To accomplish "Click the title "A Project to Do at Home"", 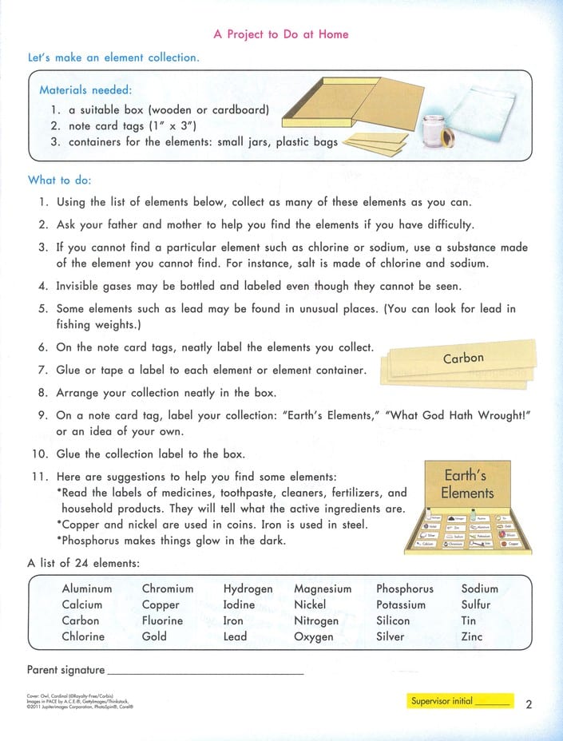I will (281, 34).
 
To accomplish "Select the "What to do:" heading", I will (60, 180).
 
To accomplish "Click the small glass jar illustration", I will (425, 128).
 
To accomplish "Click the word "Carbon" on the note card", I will (463, 359).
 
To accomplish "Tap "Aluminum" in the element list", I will (87, 588).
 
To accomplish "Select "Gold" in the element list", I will (154, 636).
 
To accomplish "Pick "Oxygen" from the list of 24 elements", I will (314, 636).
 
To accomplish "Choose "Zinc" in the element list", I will (472, 636).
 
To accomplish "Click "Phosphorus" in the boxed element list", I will (405, 588).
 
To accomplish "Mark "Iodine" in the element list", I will (240, 604).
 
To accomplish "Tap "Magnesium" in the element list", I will (323, 588).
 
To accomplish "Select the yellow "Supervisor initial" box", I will (458, 702).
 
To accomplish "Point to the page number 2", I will (529, 703).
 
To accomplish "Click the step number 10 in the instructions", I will (41, 454).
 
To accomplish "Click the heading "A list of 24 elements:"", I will (84, 563).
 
